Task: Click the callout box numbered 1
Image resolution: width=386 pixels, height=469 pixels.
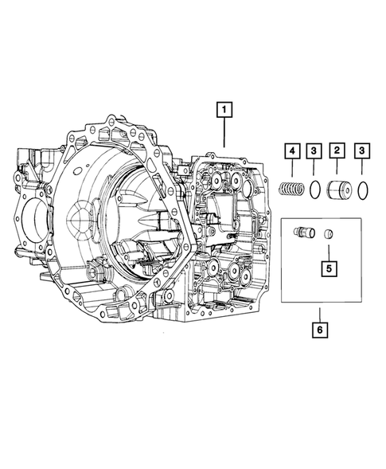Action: click(227, 107)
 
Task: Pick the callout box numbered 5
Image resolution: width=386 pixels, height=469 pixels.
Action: click(328, 268)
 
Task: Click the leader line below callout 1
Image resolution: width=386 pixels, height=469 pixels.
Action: click(227, 131)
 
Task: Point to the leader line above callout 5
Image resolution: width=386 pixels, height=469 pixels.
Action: click(328, 249)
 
